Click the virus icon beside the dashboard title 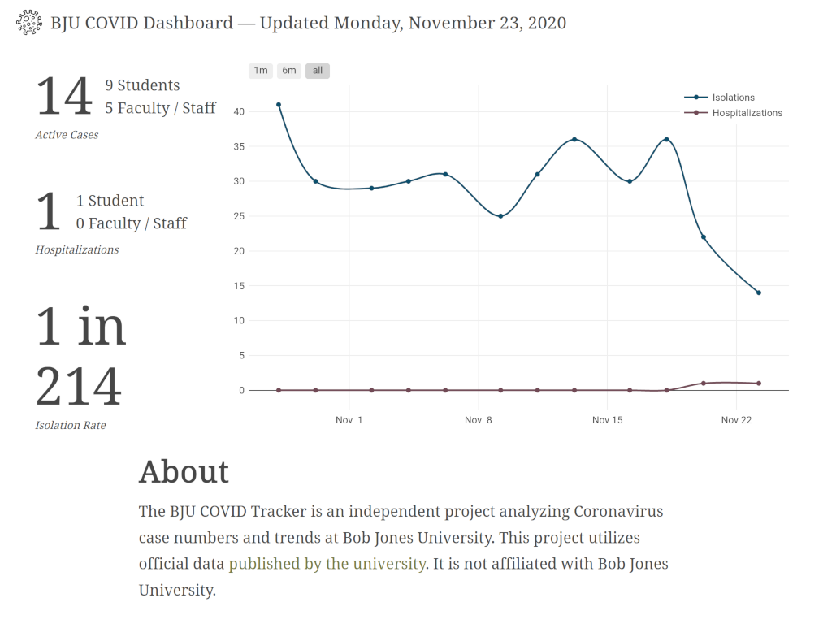[30, 23]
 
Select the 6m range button [289, 71]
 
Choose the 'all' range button [318, 71]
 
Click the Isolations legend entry [733, 97]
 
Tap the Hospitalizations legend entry [747, 113]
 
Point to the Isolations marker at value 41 [279, 105]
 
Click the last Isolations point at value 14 [759, 292]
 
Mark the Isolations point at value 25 [500, 216]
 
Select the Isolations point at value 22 [704, 237]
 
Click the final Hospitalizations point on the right [759, 383]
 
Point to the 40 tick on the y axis [239, 111]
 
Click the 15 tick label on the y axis [239, 286]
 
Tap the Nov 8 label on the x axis [479, 420]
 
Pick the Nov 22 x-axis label [736, 420]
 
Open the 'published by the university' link [327, 564]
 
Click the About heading [184, 472]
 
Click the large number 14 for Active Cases [64, 97]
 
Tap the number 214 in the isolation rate [79, 387]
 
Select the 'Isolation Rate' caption [71, 425]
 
